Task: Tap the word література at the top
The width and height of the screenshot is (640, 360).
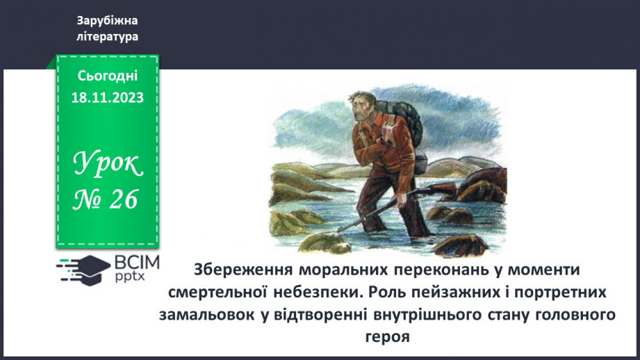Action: tap(107, 36)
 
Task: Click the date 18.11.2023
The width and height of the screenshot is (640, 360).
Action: tap(107, 98)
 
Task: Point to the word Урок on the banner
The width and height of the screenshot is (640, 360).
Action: tap(108, 165)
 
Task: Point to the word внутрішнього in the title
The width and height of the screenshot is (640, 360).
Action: tap(437, 314)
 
